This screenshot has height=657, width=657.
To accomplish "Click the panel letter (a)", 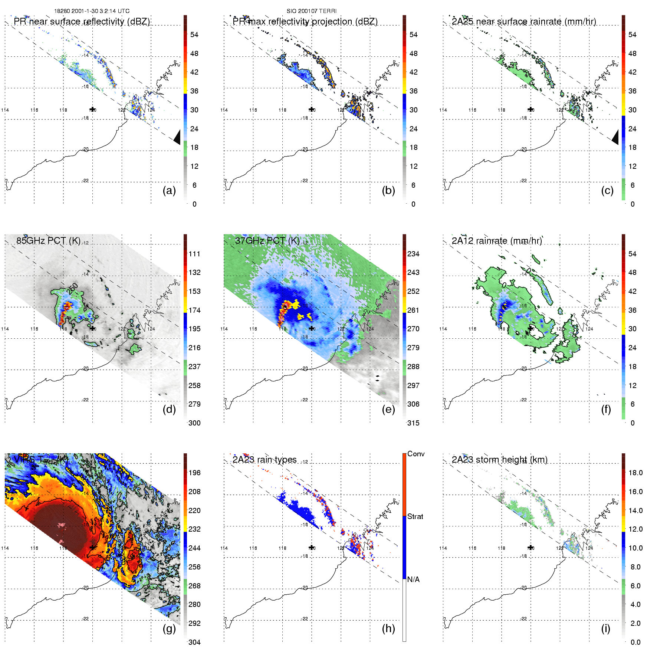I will pyautogui.click(x=169, y=191).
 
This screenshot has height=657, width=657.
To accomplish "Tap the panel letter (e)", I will pyautogui.click(x=388, y=410).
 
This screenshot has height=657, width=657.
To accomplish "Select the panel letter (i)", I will pyautogui.click(x=605, y=628).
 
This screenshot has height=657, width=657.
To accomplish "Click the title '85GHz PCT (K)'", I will pyautogui.click(x=48, y=241).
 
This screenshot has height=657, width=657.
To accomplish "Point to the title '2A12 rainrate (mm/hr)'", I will pyautogui.click(x=497, y=241).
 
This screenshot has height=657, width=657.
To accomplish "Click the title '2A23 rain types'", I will pyautogui.click(x=265, y=460).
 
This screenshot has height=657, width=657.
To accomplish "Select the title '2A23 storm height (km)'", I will pyautogui.click(x=499, y=460).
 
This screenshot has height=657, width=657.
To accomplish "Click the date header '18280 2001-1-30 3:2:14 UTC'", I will pyautogui.click(x=92, y=11).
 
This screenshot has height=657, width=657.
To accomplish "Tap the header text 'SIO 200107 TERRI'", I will pyautogui.click(x=311, y=11).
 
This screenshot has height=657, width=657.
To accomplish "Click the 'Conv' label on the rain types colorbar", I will pyautogui.click(x=416, y=454).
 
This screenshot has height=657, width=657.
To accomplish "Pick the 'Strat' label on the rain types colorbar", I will pyautogui.click(x=415, y=516).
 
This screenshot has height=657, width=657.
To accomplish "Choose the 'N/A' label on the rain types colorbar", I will pyautogui.click(x=413, y=579).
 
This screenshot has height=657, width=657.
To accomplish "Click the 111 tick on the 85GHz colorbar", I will pyautogui.click(x=194, y=254).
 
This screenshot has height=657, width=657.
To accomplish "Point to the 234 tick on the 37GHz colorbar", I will pyautogui.click(x=413, y=254).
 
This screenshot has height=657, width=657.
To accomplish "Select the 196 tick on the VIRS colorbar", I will pyautogui.click(x=194, y=473).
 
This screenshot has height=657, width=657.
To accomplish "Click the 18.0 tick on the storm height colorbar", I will pyautogui.click(x=635, y=473).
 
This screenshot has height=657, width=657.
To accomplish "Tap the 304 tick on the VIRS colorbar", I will pyautogui.click(x=194, y=642).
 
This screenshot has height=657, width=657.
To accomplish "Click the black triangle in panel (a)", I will pyautogui.click(x=177, y=137).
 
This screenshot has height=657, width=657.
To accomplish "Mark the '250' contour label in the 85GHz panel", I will pyautogui.click(x=73, y=289).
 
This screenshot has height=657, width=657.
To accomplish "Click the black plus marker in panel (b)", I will pyautogui.click(x=311, y=109).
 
